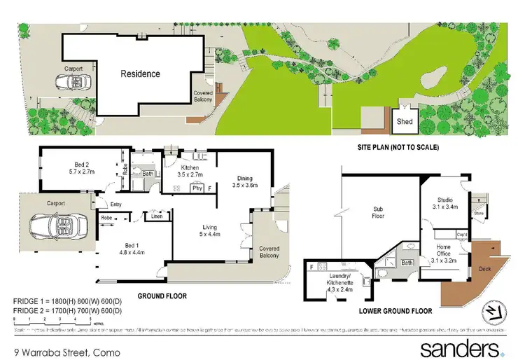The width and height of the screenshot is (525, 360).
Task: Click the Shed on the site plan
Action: [x=405, y=120]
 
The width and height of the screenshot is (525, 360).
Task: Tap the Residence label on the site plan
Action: [x=140, y=74]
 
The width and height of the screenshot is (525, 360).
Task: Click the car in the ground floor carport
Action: [x=56, y=228]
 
